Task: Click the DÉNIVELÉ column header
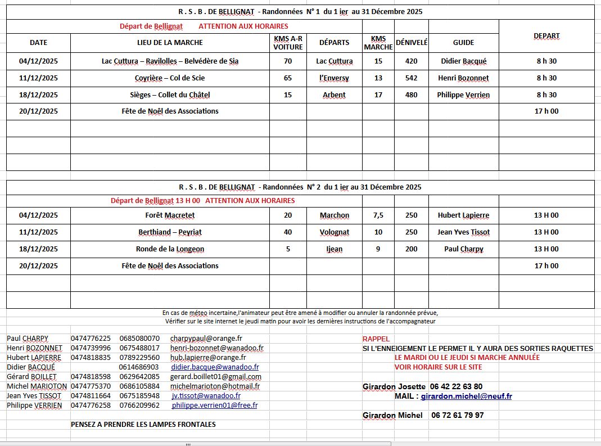tap(412, 42)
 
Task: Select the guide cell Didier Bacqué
tap(464, 61)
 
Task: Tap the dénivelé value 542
tap(412, 78)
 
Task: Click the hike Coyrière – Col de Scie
tap(170, 78)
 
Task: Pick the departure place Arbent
tap(334, 95)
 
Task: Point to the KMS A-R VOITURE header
tap(288, 42)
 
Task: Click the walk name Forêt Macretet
tap(170, 215)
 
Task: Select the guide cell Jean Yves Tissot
tap(464, 232)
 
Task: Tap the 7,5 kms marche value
tap(378, 215)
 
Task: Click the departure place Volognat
tap(335, 232)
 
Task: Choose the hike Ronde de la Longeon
tap(170, 249)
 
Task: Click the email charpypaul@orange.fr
tap(206, 339)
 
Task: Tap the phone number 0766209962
tap(139, 406)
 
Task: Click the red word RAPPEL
tap(376, 339)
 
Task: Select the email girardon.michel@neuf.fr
tap(467, 397)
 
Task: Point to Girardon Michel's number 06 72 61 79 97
tap(458, 416)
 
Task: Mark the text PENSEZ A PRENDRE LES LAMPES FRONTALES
tap(143, 425)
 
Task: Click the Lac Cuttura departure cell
tap(335, 61)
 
